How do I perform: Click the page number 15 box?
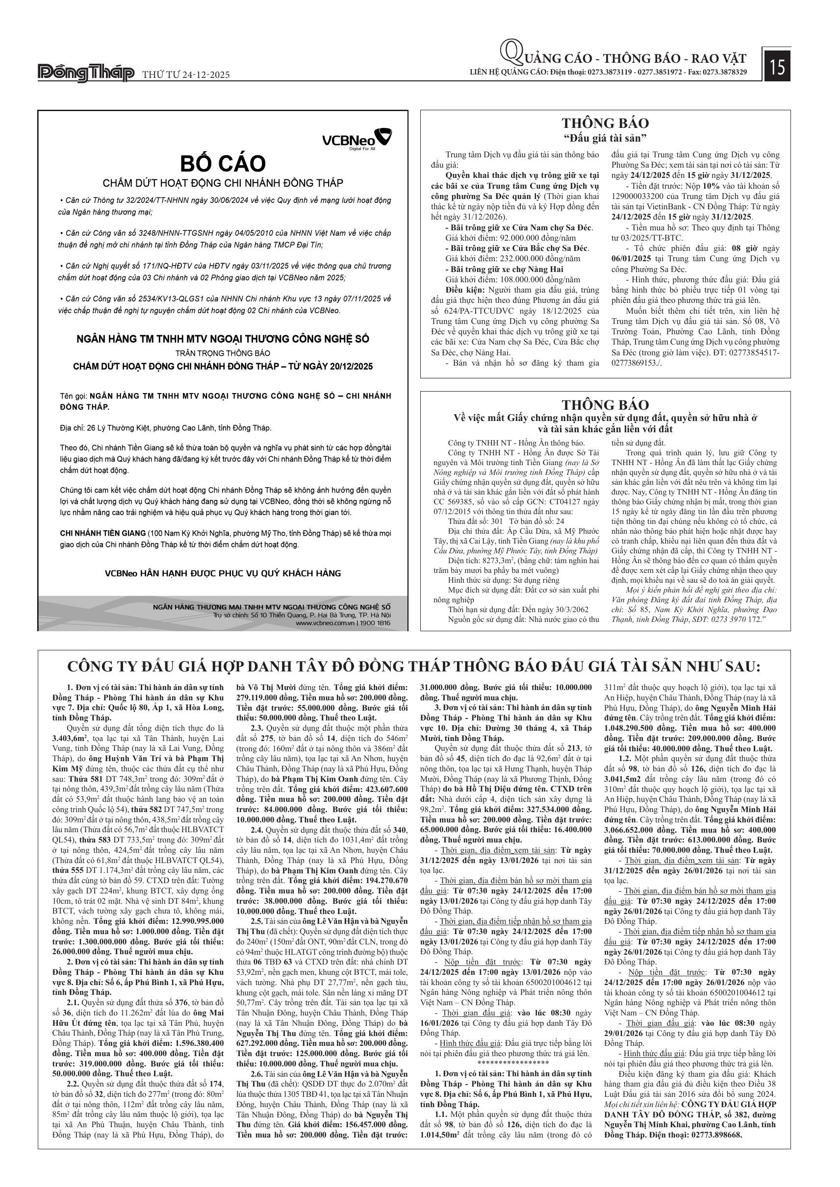point(777,67)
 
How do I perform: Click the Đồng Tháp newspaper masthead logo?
point(86,74)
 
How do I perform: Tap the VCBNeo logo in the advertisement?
point(356,139)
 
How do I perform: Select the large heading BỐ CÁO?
point(223,163)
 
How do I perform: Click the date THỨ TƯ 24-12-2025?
point(186,75)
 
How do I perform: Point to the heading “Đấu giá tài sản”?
point(605,138)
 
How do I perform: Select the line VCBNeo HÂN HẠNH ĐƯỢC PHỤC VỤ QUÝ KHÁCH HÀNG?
point(223,573)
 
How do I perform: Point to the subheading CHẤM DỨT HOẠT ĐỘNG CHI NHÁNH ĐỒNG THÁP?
point(223,183)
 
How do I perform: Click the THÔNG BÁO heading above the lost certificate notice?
point(605,405)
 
